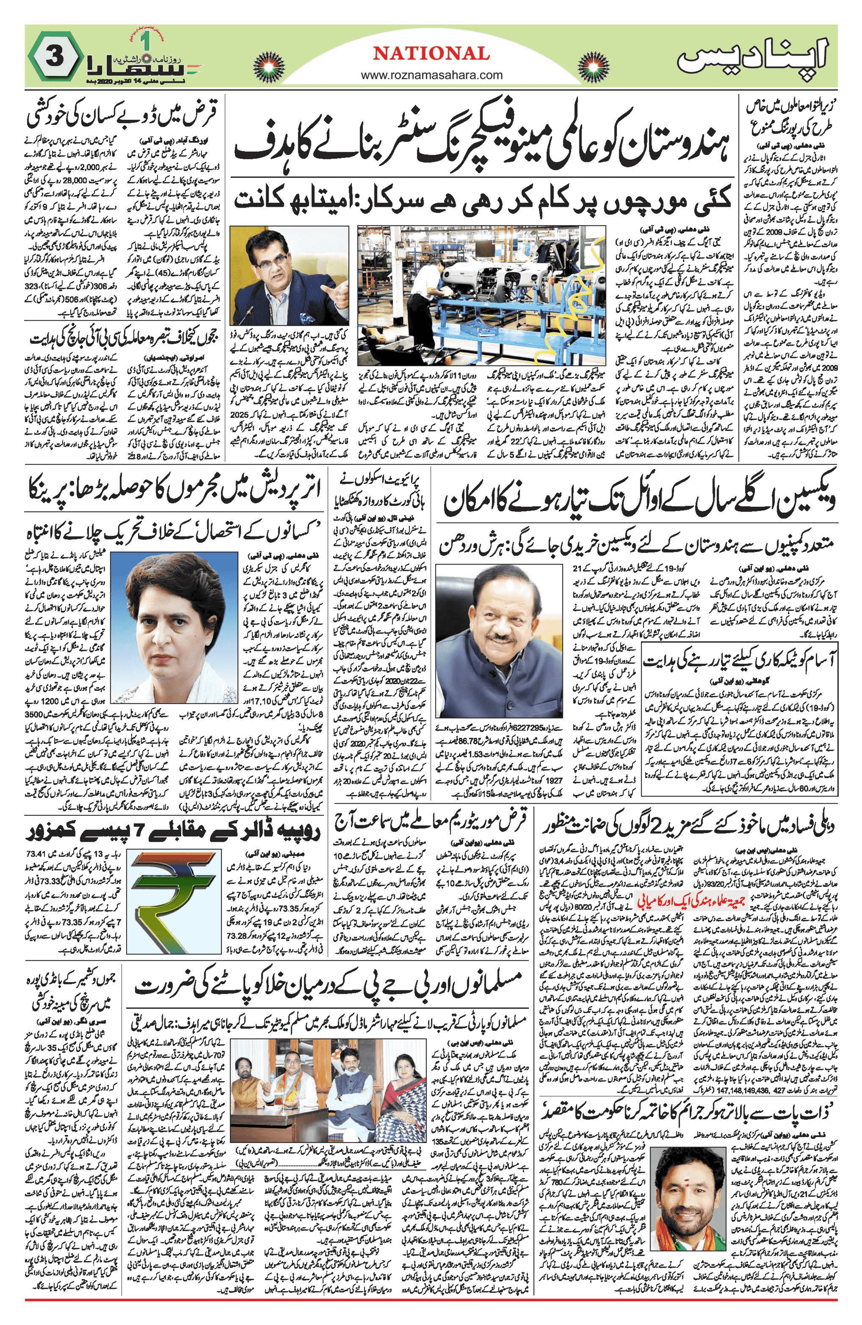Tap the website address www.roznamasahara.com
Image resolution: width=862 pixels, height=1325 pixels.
click(x=431, y=74)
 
